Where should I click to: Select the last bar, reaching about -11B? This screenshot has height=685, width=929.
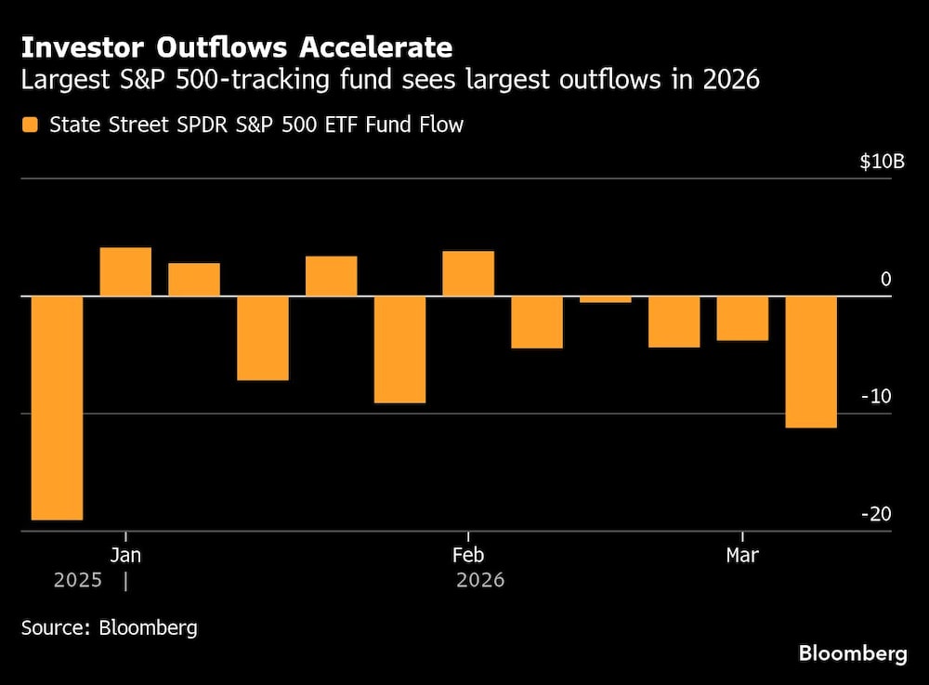811,362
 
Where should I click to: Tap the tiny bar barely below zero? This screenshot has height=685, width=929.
606,299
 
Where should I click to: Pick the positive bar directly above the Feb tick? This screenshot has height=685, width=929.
468,273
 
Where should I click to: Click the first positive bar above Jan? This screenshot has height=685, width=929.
125,271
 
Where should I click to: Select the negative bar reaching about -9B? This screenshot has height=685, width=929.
399,349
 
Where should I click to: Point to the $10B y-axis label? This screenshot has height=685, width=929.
881,162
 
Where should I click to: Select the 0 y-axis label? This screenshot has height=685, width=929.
885,280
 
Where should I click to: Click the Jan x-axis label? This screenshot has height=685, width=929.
125,556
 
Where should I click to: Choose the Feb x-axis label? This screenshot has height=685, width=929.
467,556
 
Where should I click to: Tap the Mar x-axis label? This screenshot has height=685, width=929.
741,556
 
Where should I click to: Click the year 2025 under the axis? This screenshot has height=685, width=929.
78,581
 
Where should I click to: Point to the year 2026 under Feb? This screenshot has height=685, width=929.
480,581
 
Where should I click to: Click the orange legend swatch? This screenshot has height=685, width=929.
31,125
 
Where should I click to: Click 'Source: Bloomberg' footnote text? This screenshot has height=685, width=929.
110,627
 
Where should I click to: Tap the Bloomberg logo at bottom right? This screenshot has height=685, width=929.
852,653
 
